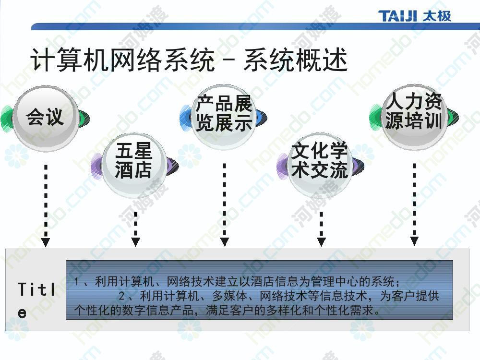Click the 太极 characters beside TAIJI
coord(437,16)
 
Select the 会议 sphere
coord(45,119)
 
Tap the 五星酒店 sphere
coord(134,164)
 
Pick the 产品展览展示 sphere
coord(224,117)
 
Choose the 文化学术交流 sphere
coord(320,165)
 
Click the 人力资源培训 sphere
coord(414,117)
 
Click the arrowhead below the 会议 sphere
coord(46,243)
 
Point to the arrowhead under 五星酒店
coord(136,242)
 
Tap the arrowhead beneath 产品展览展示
coord(224,242)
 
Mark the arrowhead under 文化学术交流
coord(321,242)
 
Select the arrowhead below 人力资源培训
coord(414,241)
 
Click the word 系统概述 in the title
coord(295,60)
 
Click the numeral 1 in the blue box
coord(76,281)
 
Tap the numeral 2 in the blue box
coord(121,296)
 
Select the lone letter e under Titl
coord(22,313)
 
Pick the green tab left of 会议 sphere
coord(7,118)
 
